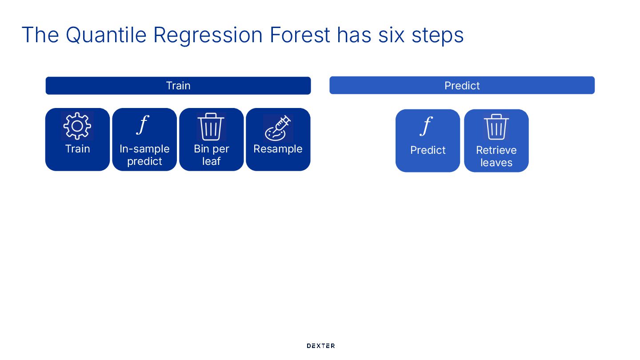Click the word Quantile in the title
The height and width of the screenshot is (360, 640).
106,35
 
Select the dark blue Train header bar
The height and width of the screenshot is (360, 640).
178,86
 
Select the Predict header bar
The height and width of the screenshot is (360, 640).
462,85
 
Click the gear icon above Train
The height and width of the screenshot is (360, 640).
77,126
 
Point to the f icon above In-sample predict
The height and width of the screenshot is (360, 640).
142,125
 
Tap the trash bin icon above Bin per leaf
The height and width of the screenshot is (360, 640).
211,127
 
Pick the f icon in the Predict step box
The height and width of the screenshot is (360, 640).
426,126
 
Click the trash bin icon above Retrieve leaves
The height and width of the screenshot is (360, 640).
496,127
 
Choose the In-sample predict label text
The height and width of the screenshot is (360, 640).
144,155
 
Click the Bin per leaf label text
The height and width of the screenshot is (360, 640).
211,155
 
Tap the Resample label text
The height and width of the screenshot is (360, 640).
278,149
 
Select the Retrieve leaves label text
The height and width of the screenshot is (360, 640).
496,156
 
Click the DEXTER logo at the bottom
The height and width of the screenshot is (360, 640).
320,346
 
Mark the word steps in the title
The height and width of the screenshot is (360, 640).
437,35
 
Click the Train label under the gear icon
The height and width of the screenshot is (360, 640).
77,149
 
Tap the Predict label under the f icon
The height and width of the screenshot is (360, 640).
428,150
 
